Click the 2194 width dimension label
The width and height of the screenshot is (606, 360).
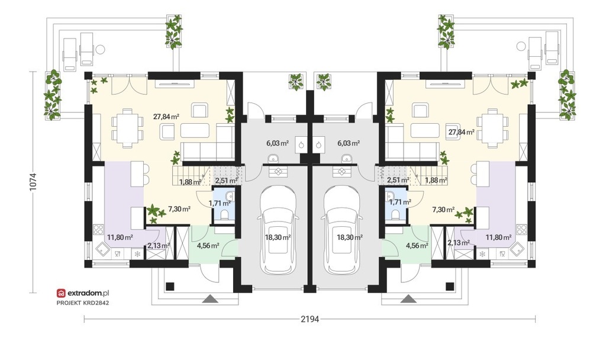coord(310,319)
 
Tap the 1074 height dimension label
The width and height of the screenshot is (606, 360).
coord(33,181)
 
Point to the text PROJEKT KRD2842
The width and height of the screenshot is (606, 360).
coord(83,303)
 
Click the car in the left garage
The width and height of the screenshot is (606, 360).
coord(278,230)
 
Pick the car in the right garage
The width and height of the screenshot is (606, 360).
coord(342,230)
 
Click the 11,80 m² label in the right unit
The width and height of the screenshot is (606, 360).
coord(498,237)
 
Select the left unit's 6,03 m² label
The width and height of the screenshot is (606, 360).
coord(278,143)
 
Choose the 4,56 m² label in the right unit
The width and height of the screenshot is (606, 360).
coord(417,245)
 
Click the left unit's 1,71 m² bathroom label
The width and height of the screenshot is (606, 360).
coord(220,202)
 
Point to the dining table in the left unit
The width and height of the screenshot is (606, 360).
coord(127,128)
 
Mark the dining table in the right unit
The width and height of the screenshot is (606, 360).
coord(492,128)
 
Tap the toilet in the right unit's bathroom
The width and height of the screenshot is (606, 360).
coord(395,214)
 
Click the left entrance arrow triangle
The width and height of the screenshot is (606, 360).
coord(210,298)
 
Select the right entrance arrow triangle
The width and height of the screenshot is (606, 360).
coord(408,298)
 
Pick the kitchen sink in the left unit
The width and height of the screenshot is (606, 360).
coord(102,249)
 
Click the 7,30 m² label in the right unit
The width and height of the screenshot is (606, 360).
coord(443,210)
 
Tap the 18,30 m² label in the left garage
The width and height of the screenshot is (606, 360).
coord(278,237)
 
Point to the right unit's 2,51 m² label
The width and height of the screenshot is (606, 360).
coord(398,180)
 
